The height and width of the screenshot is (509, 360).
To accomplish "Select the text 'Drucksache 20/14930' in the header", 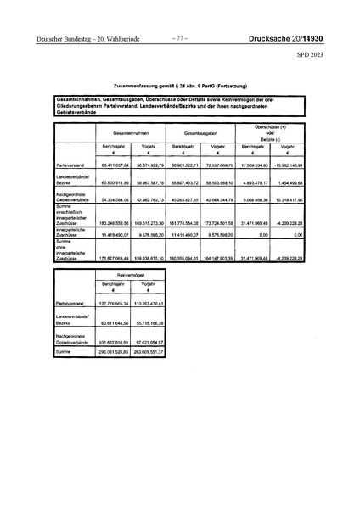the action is point(294,38).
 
